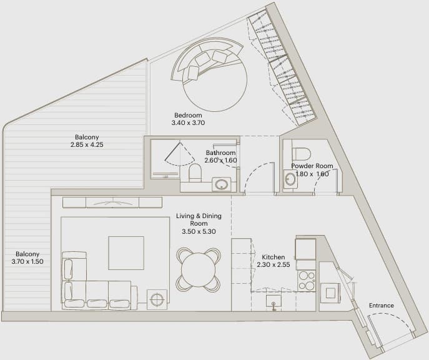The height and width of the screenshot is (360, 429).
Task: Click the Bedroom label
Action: (188, 115)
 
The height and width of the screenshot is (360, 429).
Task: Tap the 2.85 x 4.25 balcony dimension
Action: (87, 144)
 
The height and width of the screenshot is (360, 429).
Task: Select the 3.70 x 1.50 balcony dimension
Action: (27, 261)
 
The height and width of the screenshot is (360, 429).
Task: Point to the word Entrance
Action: (382, 305)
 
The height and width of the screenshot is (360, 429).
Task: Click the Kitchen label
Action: (274, 257)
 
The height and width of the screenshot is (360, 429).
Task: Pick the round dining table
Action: (199, 270)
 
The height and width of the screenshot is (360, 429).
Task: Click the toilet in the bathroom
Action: (195, 172)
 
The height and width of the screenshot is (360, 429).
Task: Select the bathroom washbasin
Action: (221, 184)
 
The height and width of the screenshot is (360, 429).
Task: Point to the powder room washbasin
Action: (290, 179)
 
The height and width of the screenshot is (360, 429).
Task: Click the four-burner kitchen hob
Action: (307, 280)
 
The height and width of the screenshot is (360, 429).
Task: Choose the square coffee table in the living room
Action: (126, 253)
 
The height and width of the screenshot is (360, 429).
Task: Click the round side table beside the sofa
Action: (157, 299)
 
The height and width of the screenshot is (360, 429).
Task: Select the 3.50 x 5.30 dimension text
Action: (199, 231)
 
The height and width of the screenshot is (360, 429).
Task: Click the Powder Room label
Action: (312, 166)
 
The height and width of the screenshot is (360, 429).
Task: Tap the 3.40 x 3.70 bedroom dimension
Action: (188, 123)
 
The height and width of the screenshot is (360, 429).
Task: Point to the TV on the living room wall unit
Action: (112, 203)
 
